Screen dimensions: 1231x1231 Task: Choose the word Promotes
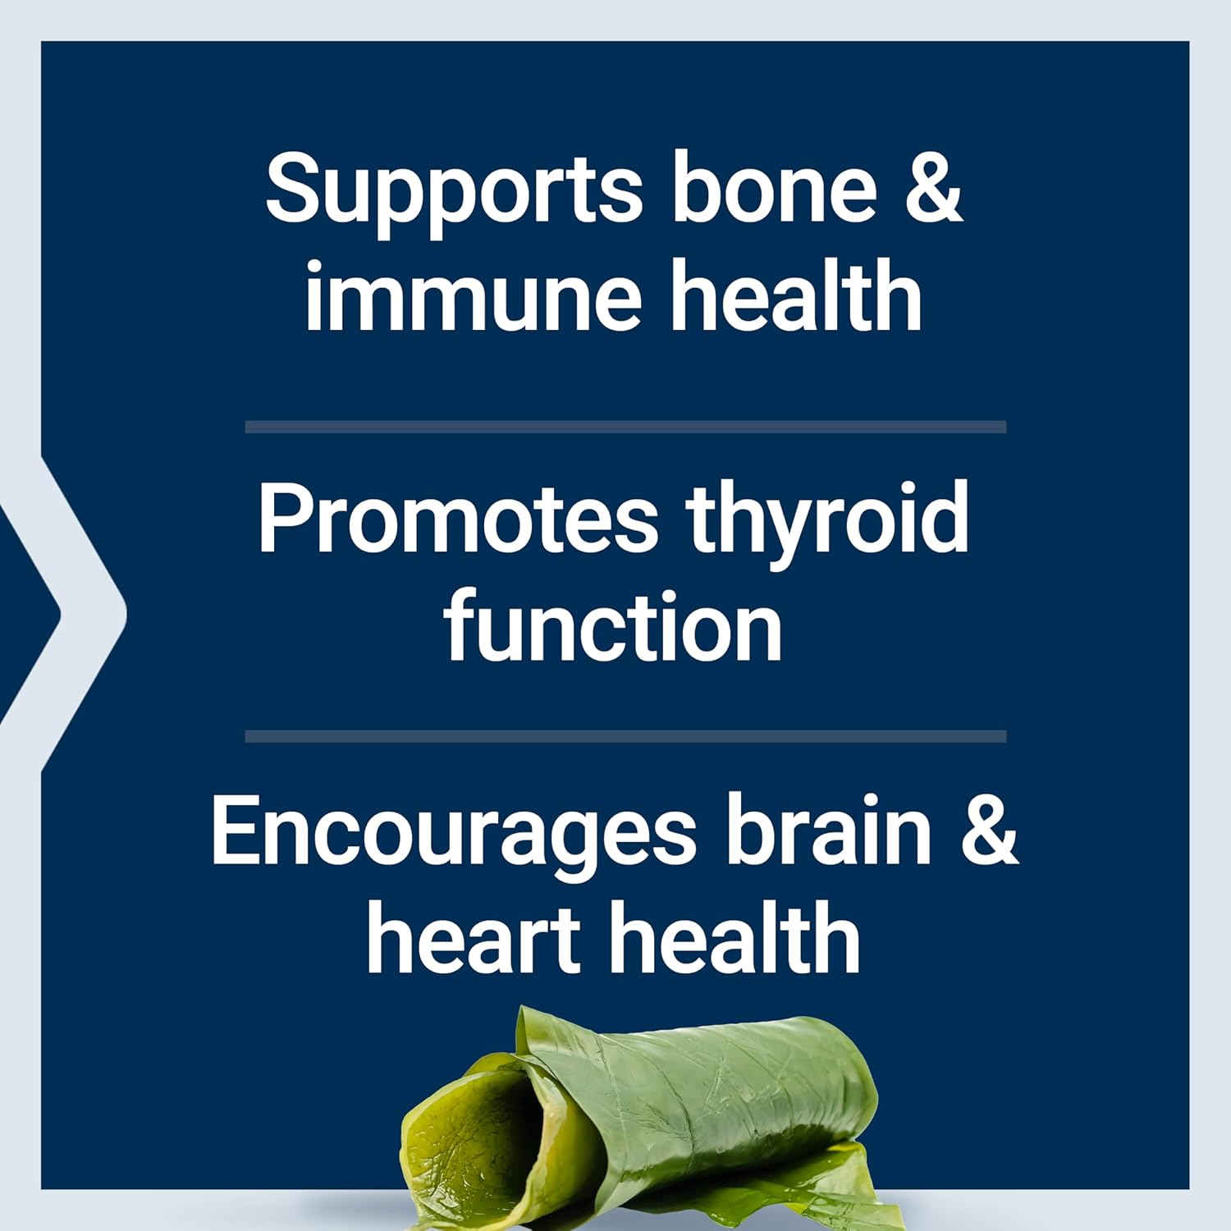click(457, 519)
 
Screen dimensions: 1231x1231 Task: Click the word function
click(613, 627)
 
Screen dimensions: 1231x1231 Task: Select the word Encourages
click(453, 832)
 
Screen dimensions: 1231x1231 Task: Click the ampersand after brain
click(990, 831)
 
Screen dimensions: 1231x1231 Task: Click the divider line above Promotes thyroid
click(625, 427)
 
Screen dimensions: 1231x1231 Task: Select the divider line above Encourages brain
click(625, 736)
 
